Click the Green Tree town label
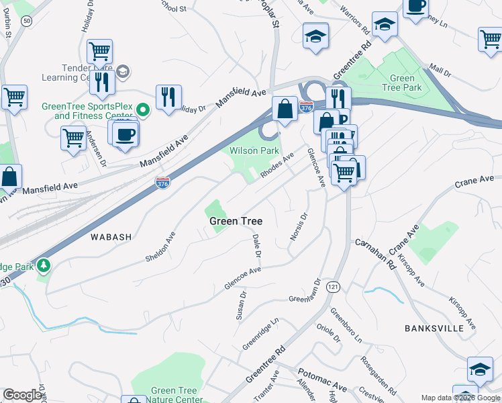[236, 221]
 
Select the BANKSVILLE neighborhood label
[434, 328]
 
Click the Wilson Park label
[254, 150]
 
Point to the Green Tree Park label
[402, 83]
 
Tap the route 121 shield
[332, 287]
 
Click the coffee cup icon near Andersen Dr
[125, 134]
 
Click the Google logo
[23, 395]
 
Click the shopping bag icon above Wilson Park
[285, 108]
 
